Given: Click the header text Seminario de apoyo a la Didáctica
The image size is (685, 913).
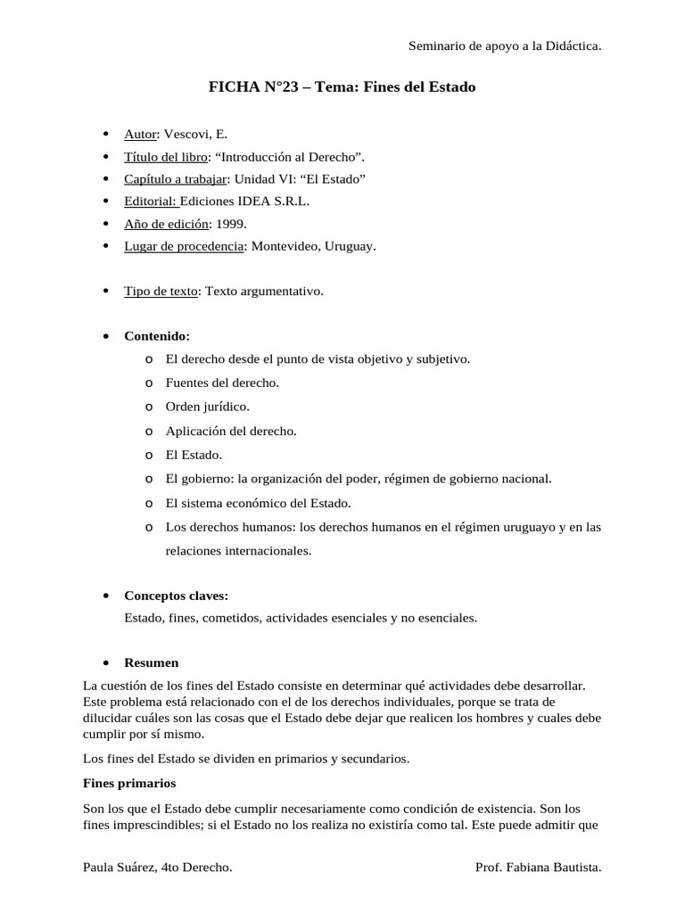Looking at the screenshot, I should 504,45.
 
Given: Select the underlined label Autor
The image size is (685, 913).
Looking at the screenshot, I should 140,134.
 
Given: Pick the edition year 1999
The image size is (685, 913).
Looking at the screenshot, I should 231,223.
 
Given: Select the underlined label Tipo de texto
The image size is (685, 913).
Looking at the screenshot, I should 161,291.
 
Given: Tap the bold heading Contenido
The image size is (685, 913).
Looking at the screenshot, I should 156,336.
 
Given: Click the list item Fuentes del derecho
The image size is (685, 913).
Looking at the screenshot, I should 222,382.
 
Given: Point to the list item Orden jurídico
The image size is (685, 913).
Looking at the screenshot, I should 207,407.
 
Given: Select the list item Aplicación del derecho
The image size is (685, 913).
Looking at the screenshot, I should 231,431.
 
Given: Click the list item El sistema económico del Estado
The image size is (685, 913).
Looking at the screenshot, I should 259,503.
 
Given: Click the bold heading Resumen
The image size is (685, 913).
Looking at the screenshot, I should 151,662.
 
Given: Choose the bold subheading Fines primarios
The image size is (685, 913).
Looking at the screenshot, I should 129,783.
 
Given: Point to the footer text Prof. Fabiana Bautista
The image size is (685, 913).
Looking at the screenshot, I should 540,866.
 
